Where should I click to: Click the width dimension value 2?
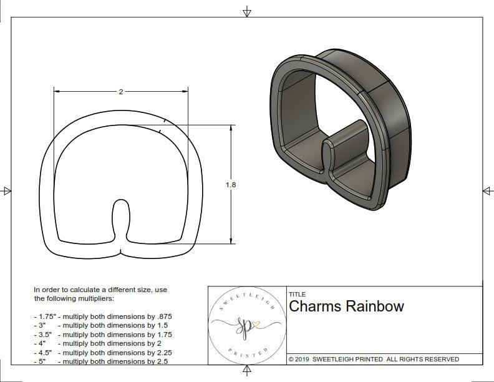[x=120, y=92]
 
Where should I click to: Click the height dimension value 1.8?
[x=231, y=185]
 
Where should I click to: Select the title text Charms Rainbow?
[x=346, y=306]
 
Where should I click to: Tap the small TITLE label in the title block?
[x=297, y=295]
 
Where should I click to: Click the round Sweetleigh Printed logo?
[x=246, y=325]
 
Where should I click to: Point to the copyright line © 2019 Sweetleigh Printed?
[x=374, y=359]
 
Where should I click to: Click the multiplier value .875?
[x=162, y=316]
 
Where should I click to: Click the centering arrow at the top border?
[x=247, y=11]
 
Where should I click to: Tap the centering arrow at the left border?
[x=7, y=190]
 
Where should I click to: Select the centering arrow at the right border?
[x=487, y=190]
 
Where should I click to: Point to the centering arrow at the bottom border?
[x=247, y=371]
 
